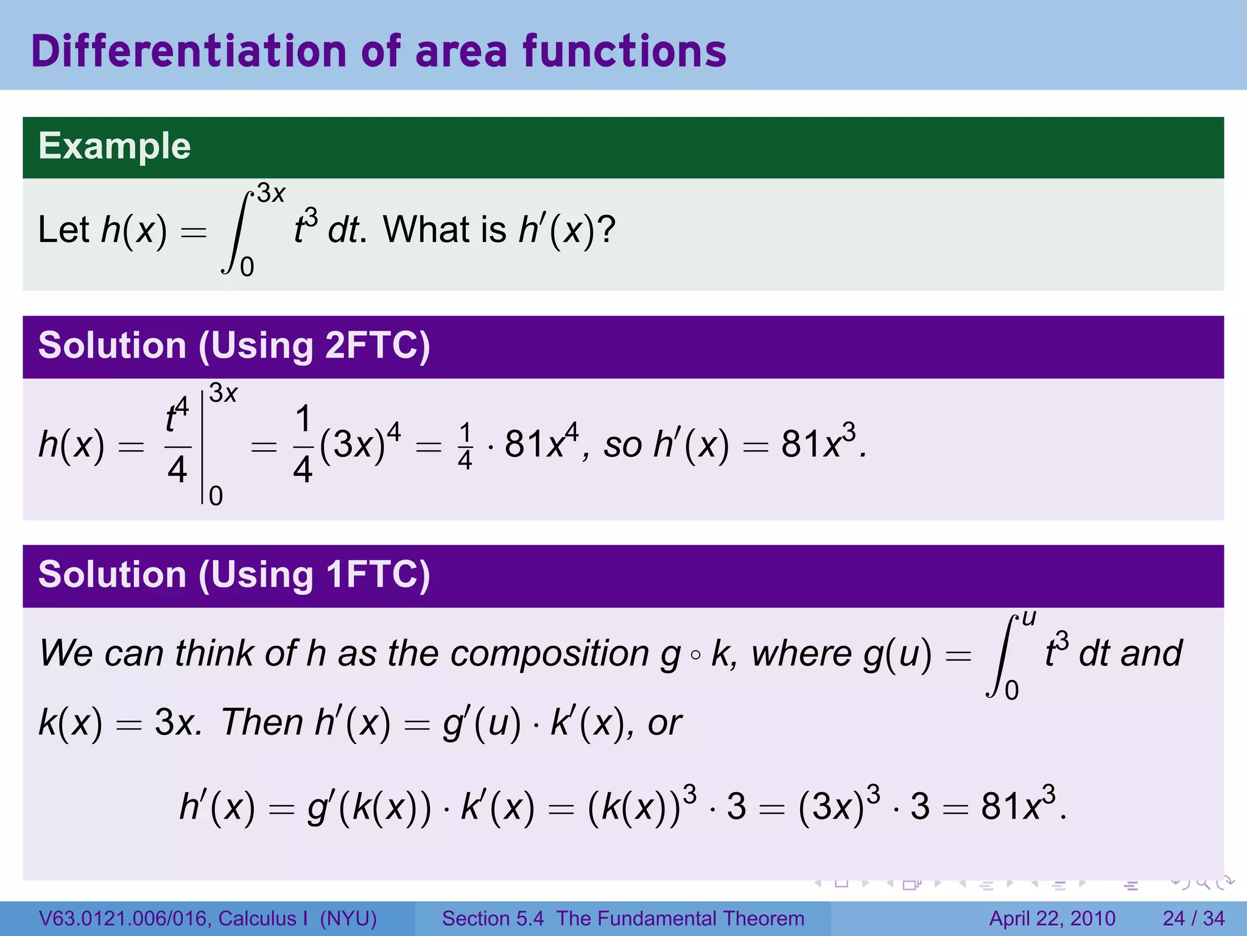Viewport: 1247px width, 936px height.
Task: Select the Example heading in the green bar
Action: click(x=114, y=146)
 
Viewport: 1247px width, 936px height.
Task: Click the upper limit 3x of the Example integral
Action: click(x=271, y=194)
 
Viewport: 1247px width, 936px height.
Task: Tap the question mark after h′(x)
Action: click(x=606, y=230)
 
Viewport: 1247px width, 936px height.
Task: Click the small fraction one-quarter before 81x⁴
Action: click(x=465, y=447)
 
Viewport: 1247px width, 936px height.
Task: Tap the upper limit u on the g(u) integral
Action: click(x=1028, y=619)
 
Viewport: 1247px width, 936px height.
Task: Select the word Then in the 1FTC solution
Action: click(x=262, y=723)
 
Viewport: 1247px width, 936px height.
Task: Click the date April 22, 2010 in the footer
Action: click(x=1052, y=918)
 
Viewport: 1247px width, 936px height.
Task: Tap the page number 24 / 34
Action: click(x=1193, y=918)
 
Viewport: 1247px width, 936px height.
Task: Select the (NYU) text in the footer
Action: click(x=348, y=918)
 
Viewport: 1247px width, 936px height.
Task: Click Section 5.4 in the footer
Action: click(x=493, y=918)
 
